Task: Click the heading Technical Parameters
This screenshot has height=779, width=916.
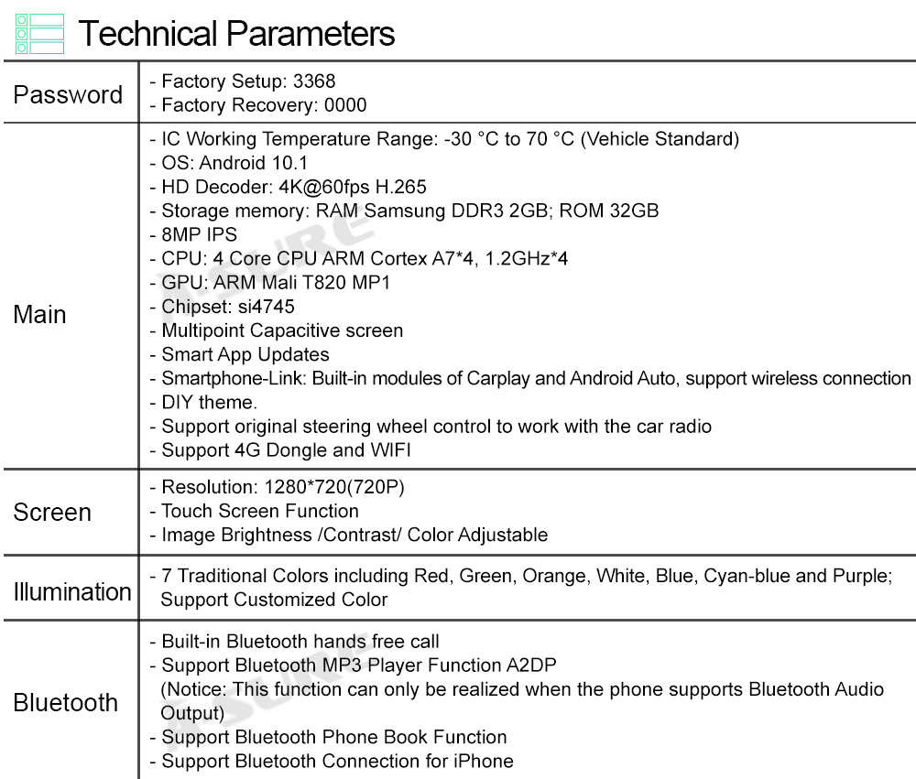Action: click(236, 34)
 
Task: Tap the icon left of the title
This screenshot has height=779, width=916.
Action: click(40, 34)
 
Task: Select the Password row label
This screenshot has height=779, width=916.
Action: click(68, 94)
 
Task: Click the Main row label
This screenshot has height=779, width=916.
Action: click(39, 314)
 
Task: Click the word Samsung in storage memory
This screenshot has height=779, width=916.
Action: click(404, 211)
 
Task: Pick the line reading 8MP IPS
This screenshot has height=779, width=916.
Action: click(199, 234)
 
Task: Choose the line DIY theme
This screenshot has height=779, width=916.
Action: click(209, 402)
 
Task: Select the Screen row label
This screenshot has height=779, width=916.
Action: click(52, 512)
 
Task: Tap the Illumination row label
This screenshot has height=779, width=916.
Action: click(71, 591)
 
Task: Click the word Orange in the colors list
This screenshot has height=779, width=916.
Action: click(555, 576)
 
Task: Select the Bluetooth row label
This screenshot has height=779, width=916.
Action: click(66, 702)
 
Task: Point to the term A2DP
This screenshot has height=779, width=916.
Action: click(531, 665)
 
